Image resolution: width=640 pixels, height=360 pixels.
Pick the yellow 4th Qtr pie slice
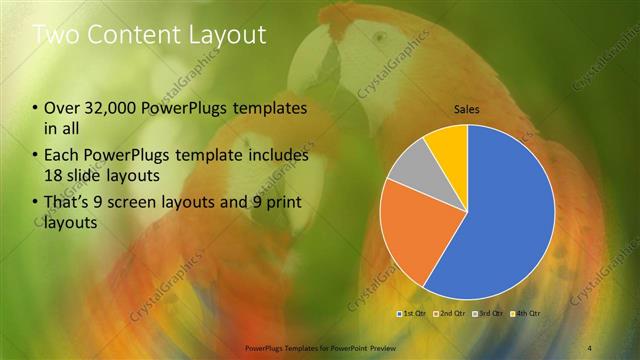pos(448,145)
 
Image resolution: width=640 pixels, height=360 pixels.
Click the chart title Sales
pos(467,108)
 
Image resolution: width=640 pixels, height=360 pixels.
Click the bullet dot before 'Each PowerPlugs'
pos(36,157)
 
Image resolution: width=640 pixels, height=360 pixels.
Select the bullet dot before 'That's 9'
pos(36,205)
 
